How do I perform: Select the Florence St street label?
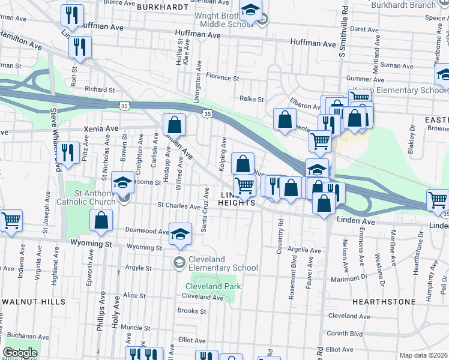pos(222,77)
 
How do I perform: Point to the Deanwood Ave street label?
pos(147,230)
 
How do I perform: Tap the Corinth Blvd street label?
pos(345,333)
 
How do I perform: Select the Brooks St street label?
pos(192,311)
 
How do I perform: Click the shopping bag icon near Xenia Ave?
pos(174,126)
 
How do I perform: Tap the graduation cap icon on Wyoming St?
pos(179,235)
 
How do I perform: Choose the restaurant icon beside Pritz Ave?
pos(70,153)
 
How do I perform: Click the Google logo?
pos(20,353)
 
